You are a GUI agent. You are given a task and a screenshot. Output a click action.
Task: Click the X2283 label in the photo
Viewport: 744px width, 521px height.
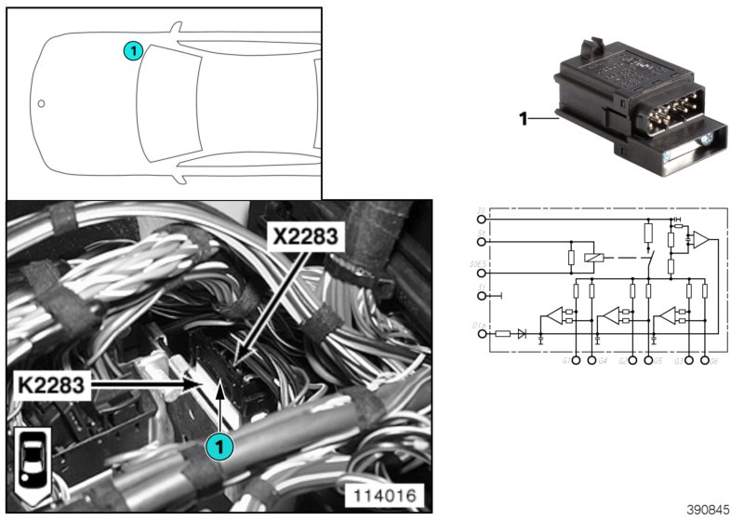[x=304, y=237]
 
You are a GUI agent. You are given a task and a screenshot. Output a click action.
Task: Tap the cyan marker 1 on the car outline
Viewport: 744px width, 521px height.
[x=134, y=51]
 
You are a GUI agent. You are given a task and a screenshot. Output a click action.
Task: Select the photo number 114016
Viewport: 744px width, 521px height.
[x=385, y=494]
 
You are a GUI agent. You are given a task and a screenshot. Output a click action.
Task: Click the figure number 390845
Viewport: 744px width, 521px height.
[x=709, y=510]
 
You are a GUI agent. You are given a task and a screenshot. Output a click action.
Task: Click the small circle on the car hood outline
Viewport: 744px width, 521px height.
[x=41, y=103]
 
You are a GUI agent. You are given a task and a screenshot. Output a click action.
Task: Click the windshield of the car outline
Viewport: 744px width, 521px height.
[x=167, y=103]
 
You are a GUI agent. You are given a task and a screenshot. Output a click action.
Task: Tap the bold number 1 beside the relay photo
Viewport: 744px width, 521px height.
[x=523, y=118]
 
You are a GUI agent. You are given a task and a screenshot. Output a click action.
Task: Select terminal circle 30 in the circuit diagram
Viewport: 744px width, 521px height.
[x=481, y=220]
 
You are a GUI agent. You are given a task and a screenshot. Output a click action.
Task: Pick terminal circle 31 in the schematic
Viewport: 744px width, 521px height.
[x=481, y=297]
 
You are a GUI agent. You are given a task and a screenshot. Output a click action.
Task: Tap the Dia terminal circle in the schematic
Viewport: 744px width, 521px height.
[x=481, y=333]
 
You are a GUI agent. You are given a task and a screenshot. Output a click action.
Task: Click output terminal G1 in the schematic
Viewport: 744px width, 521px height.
[x=576, y=359]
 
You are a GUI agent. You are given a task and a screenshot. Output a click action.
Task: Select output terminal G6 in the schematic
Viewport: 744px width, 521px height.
[x=705, y=359]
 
